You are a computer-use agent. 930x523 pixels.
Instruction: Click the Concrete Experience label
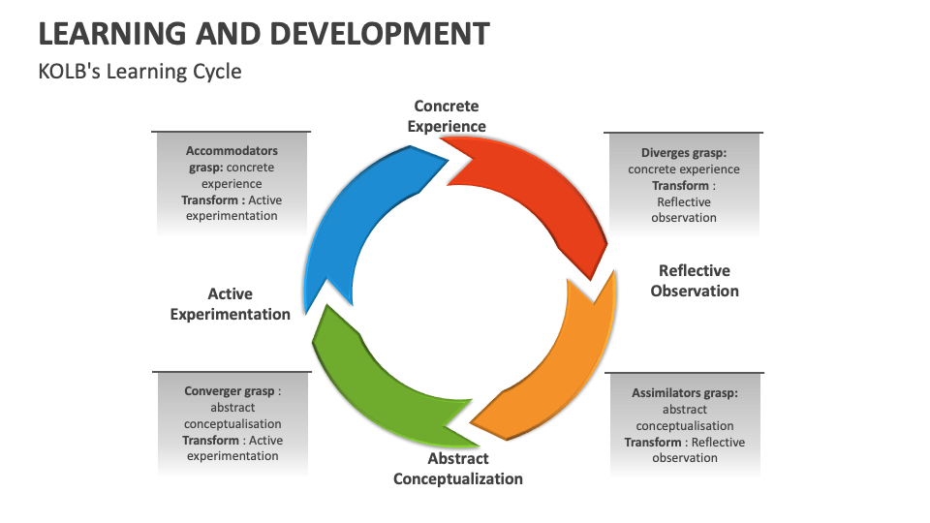pyautogui.click(x=447, y=116)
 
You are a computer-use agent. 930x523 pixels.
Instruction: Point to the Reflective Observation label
pyautogui.click(x=695, y=281)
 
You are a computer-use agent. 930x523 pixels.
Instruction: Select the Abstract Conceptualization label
pyautogui.click(x=458, y=469)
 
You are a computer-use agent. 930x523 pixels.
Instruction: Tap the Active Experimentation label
pyautogui.click(x=231, y=303)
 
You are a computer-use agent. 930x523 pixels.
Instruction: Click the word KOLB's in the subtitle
pyautogui.click(x=67, y=72)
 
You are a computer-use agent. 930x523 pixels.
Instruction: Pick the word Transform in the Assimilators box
pyautogui.click(x=653, y=443)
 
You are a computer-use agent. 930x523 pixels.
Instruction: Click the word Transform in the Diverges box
pyautogui.click(x=680, y=186)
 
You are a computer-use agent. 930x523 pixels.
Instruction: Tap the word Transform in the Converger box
pyautogui.click(x=211, y=441)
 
